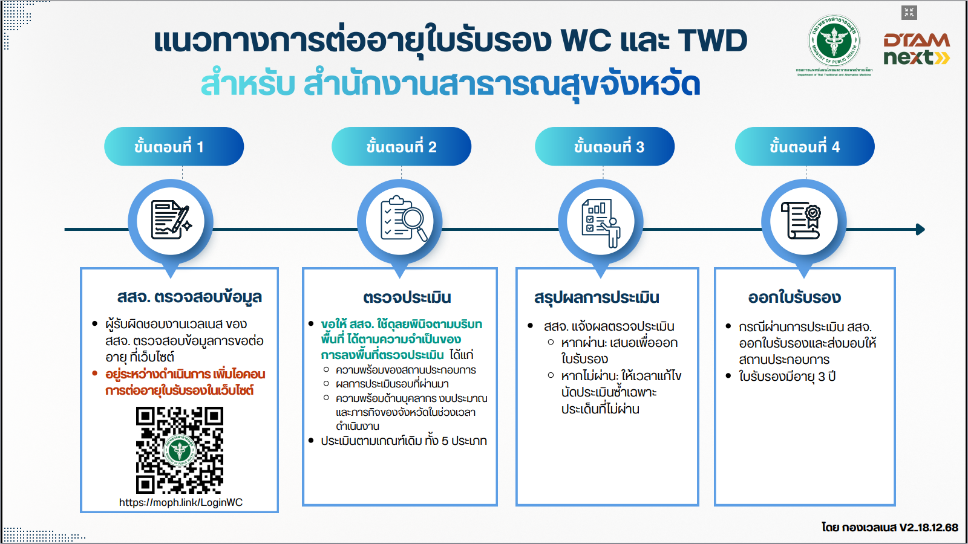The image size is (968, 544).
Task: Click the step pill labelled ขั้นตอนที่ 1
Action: (x=174, y=146)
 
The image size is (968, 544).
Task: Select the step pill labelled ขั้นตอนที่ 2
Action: (x=401, y=146)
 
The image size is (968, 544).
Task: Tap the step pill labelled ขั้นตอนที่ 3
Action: (x=604, y=146)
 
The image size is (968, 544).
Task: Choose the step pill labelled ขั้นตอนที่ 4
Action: (x=805, y=146)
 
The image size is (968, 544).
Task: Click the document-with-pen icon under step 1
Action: (x=171, y=219)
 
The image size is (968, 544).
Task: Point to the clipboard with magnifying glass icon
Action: (x=401, y=219)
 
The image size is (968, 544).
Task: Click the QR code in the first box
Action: (x=180, y=450)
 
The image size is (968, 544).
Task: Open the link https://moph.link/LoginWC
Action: (x=181, y=502)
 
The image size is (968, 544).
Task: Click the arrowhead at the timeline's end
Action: (x=920, y=230)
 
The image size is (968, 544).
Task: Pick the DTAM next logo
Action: (x=916, y=49)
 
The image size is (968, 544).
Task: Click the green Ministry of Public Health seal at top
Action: (x=834, y=41)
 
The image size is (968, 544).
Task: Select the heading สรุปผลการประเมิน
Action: (x=597, y=297)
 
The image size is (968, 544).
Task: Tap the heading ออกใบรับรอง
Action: (x=794, y=297)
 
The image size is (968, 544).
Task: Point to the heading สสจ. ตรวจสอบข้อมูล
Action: (x=189, y=297)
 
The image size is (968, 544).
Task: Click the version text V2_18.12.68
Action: (x=928, y=527)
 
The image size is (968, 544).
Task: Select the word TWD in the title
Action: (x=712, y=41)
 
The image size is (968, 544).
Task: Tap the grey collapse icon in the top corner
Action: (x=909, y=12)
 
